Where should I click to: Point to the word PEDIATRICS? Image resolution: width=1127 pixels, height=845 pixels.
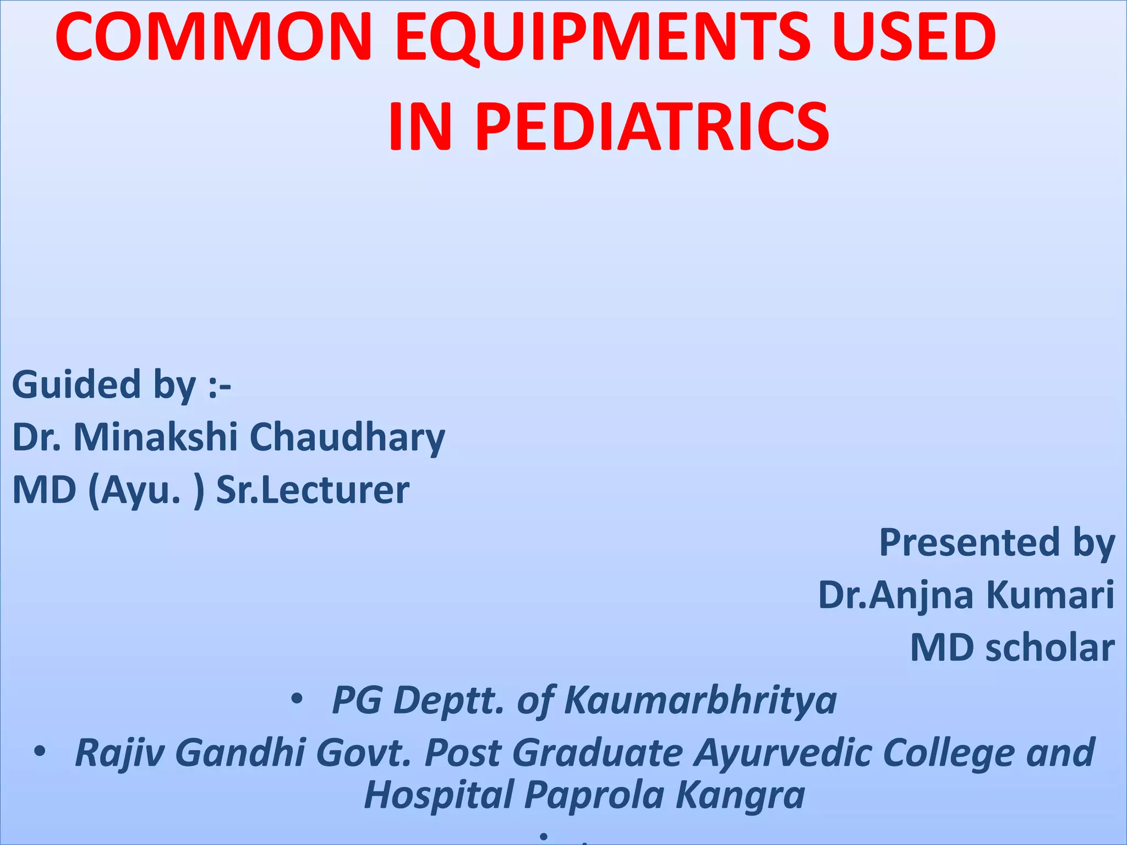pyautogui.click(x=653, y=128)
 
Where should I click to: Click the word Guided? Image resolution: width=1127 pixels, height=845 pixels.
pyautogui.click(x=77, y=385)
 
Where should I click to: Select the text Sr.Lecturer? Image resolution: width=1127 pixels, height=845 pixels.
pyautogui.click(x=313, y=490)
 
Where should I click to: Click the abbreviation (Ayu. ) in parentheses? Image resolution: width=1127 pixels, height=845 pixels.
pyautogui.click(x=146, y=490)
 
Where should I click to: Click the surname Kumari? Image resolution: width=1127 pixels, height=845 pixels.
pyautogui.click(x=1051, y=595)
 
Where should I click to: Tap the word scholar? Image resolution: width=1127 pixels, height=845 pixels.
pyautogui.click(x=1050, y=648)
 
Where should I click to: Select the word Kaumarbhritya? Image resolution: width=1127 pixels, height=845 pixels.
pyautogui.click(x=700, y=701)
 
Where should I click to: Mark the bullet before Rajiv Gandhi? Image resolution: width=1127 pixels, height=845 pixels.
pyautogui.click(x=39, y=751)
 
